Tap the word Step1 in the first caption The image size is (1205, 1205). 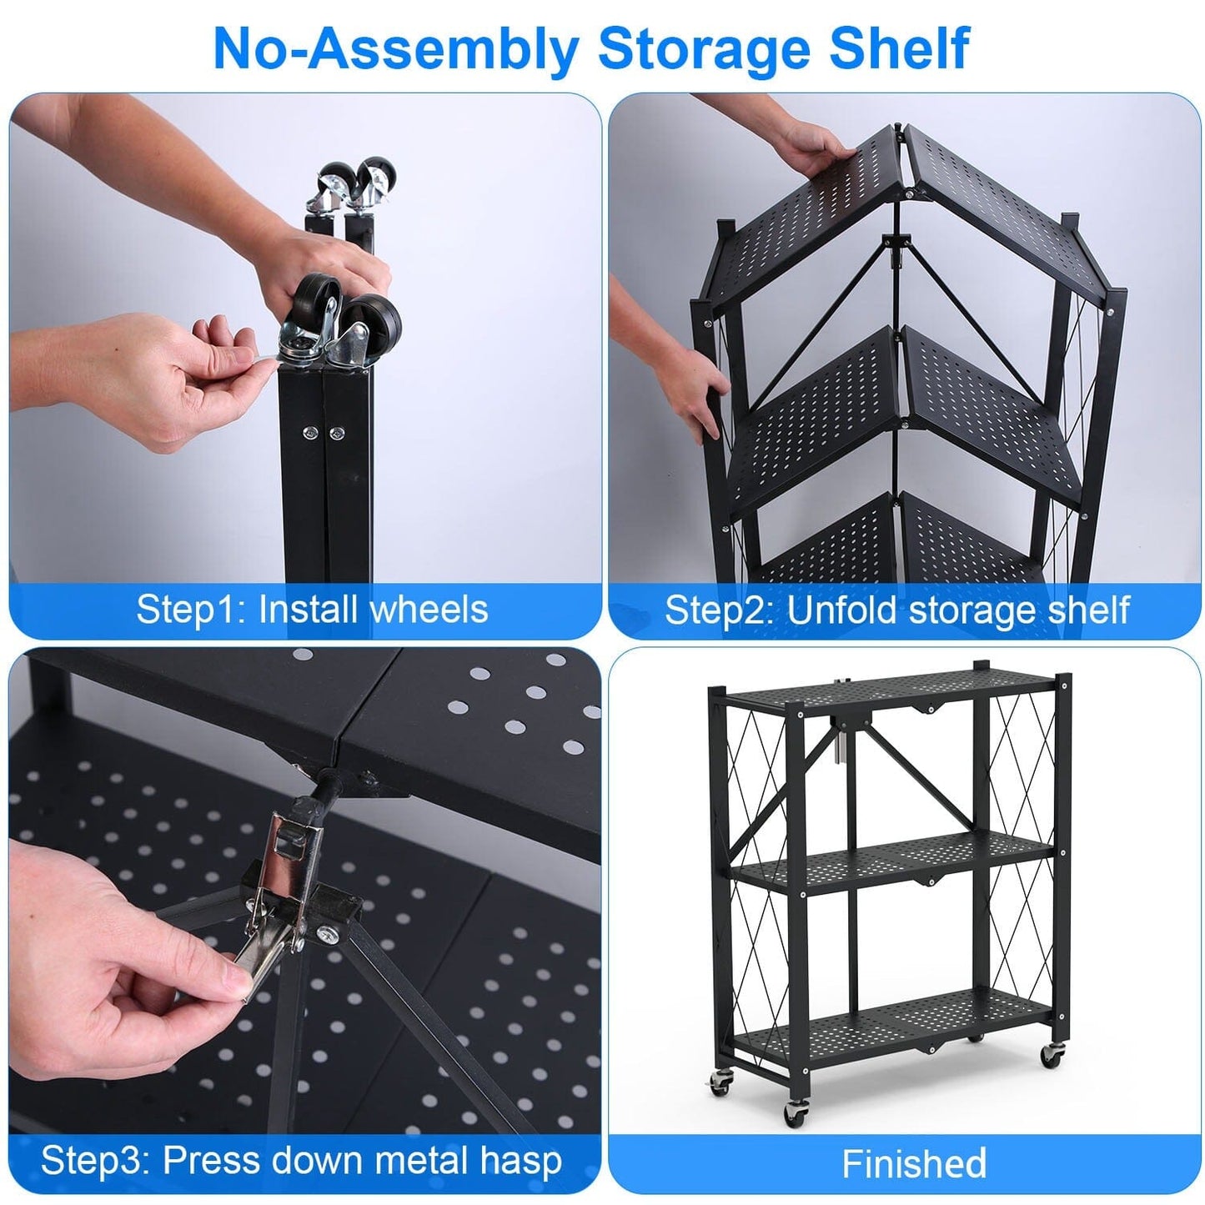pyautogui.click(x=188, y=610)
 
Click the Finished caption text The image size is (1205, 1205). pyautogui.click(x=914, y=1163)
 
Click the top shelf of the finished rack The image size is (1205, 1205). pyautogui.click(x=884, y=685)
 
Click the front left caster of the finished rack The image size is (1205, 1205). pyautogui.click(x=794, y=1113)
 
